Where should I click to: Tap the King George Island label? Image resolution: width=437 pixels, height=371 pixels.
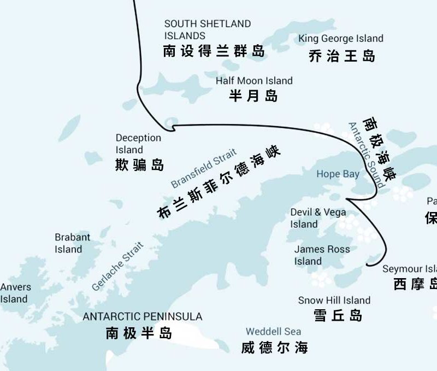(x=341, y=39)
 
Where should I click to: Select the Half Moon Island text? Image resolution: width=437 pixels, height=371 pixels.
(x=254, y=81)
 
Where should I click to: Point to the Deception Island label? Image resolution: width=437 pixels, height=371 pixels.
(x=138, y=144)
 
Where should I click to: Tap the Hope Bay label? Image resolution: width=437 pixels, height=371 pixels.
(x=338, y=174)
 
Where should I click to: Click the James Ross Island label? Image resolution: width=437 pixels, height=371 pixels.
(x=322, y=255)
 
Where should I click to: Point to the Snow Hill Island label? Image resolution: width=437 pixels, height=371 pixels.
(x=334, y=301)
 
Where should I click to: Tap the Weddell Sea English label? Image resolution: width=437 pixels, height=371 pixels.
(x=273, y=332)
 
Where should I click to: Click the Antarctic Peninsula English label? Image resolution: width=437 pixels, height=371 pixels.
(x=143, y=317)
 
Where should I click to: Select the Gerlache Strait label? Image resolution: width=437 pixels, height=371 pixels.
(x=118, y=266)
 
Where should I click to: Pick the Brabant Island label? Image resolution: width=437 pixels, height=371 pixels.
(x=73, y=243)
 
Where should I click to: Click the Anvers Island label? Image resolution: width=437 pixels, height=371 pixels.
(x=15, y=293)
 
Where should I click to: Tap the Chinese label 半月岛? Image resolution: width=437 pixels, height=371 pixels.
(x=253, y=96)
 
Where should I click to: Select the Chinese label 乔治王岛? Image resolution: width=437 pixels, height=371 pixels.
(x=342, y=56)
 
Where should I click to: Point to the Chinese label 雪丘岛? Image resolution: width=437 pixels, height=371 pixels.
(x=338, y=315)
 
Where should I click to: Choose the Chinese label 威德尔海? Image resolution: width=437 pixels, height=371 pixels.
(x=274, y=347)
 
